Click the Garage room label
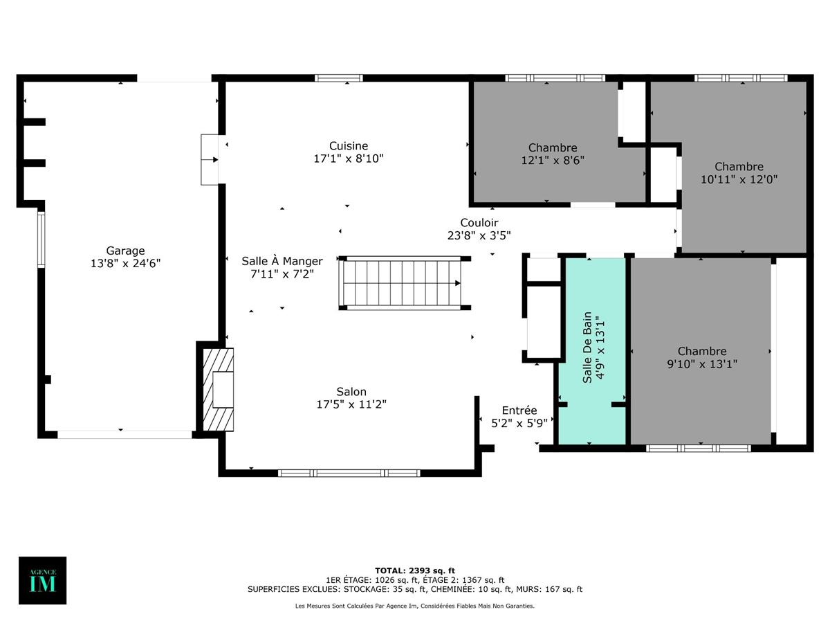click(x=125, y=251)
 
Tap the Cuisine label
click(x=349, y=146)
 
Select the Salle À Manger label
click(x=282, y=261)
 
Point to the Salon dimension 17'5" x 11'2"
click(x=351, y=404)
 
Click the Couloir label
click(x=479, y=223)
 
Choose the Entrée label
click(x=519, y=410)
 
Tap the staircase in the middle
click(x=401, y=283)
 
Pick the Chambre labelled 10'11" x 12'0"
click(x=739, y=172)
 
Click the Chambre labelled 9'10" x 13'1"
click(x=701, y=357)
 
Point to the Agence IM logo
click(x=42, y=580)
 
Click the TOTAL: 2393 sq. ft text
click(x=415, y=570)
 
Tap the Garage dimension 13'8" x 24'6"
click(x=125, y=263)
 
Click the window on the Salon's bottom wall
click(x=349, y=473)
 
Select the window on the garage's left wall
click(x=41, y=240)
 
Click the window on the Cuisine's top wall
click(x=338, y=78)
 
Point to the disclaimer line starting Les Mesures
click(x=415, y=606)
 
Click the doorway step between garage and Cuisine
click(x=210, y=160)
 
